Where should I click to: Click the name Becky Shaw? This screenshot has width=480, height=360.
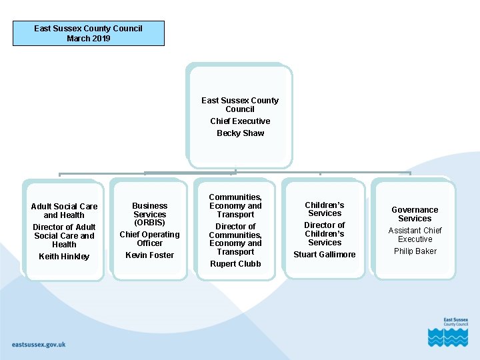[x=240, y=133]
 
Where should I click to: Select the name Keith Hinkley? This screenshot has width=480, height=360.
[x=64, y=257]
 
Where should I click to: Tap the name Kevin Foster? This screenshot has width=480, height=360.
[x=149, y=255]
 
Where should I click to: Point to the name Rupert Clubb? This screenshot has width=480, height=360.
[x=235, y=264]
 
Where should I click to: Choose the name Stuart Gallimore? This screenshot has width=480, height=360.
[x=325, y=255]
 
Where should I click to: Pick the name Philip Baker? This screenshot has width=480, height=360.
[x=415, y=251]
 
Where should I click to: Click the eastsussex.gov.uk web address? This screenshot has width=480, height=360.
[x=39, y=345]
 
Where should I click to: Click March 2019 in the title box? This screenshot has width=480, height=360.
[x=88, y=39]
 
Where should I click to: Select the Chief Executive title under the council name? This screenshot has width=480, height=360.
[x=240, y=121]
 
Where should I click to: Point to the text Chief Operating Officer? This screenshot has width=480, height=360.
[x=149, y=239]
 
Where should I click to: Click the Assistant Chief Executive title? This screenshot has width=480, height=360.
[x=415, y=235]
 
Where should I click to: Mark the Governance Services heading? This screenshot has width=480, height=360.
[x=415, y=214]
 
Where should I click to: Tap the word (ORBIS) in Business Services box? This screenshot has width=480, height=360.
[x=149, y=223]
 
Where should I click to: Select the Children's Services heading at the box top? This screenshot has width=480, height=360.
[x=325, y=209]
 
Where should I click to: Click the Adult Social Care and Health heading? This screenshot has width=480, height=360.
[x=64, y=211]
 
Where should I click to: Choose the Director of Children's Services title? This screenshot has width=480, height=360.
[x=325, y=234]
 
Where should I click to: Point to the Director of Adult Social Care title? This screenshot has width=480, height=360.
[x=64, y=236]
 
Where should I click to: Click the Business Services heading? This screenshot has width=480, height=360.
[x=149, y=210]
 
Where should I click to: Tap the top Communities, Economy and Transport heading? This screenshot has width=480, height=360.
[x=235, y=206]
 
